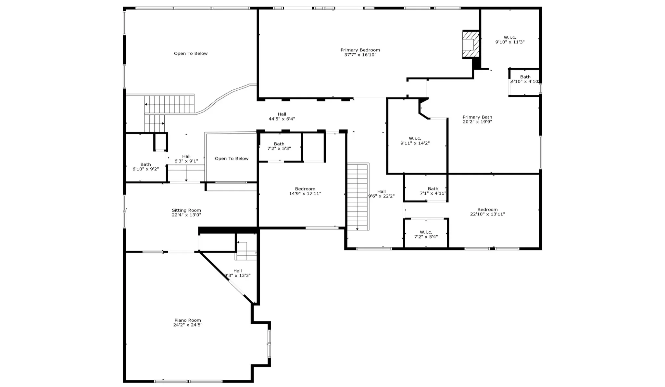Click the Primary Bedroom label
click(x=360, y=50)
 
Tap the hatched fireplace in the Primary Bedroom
click(x=471, y=45)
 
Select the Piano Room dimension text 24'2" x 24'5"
click(x=188, y=325)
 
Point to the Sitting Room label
click(x=186, y=210)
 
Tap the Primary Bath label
click(x=477, y=117)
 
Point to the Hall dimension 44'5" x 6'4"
click(x=282, y=119)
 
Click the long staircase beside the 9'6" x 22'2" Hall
click(x=358, y=197)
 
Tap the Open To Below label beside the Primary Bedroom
click(x=191, y=53)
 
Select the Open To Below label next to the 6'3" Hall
click(x=232, y=159)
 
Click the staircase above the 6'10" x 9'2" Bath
click(x=169, y=104)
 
